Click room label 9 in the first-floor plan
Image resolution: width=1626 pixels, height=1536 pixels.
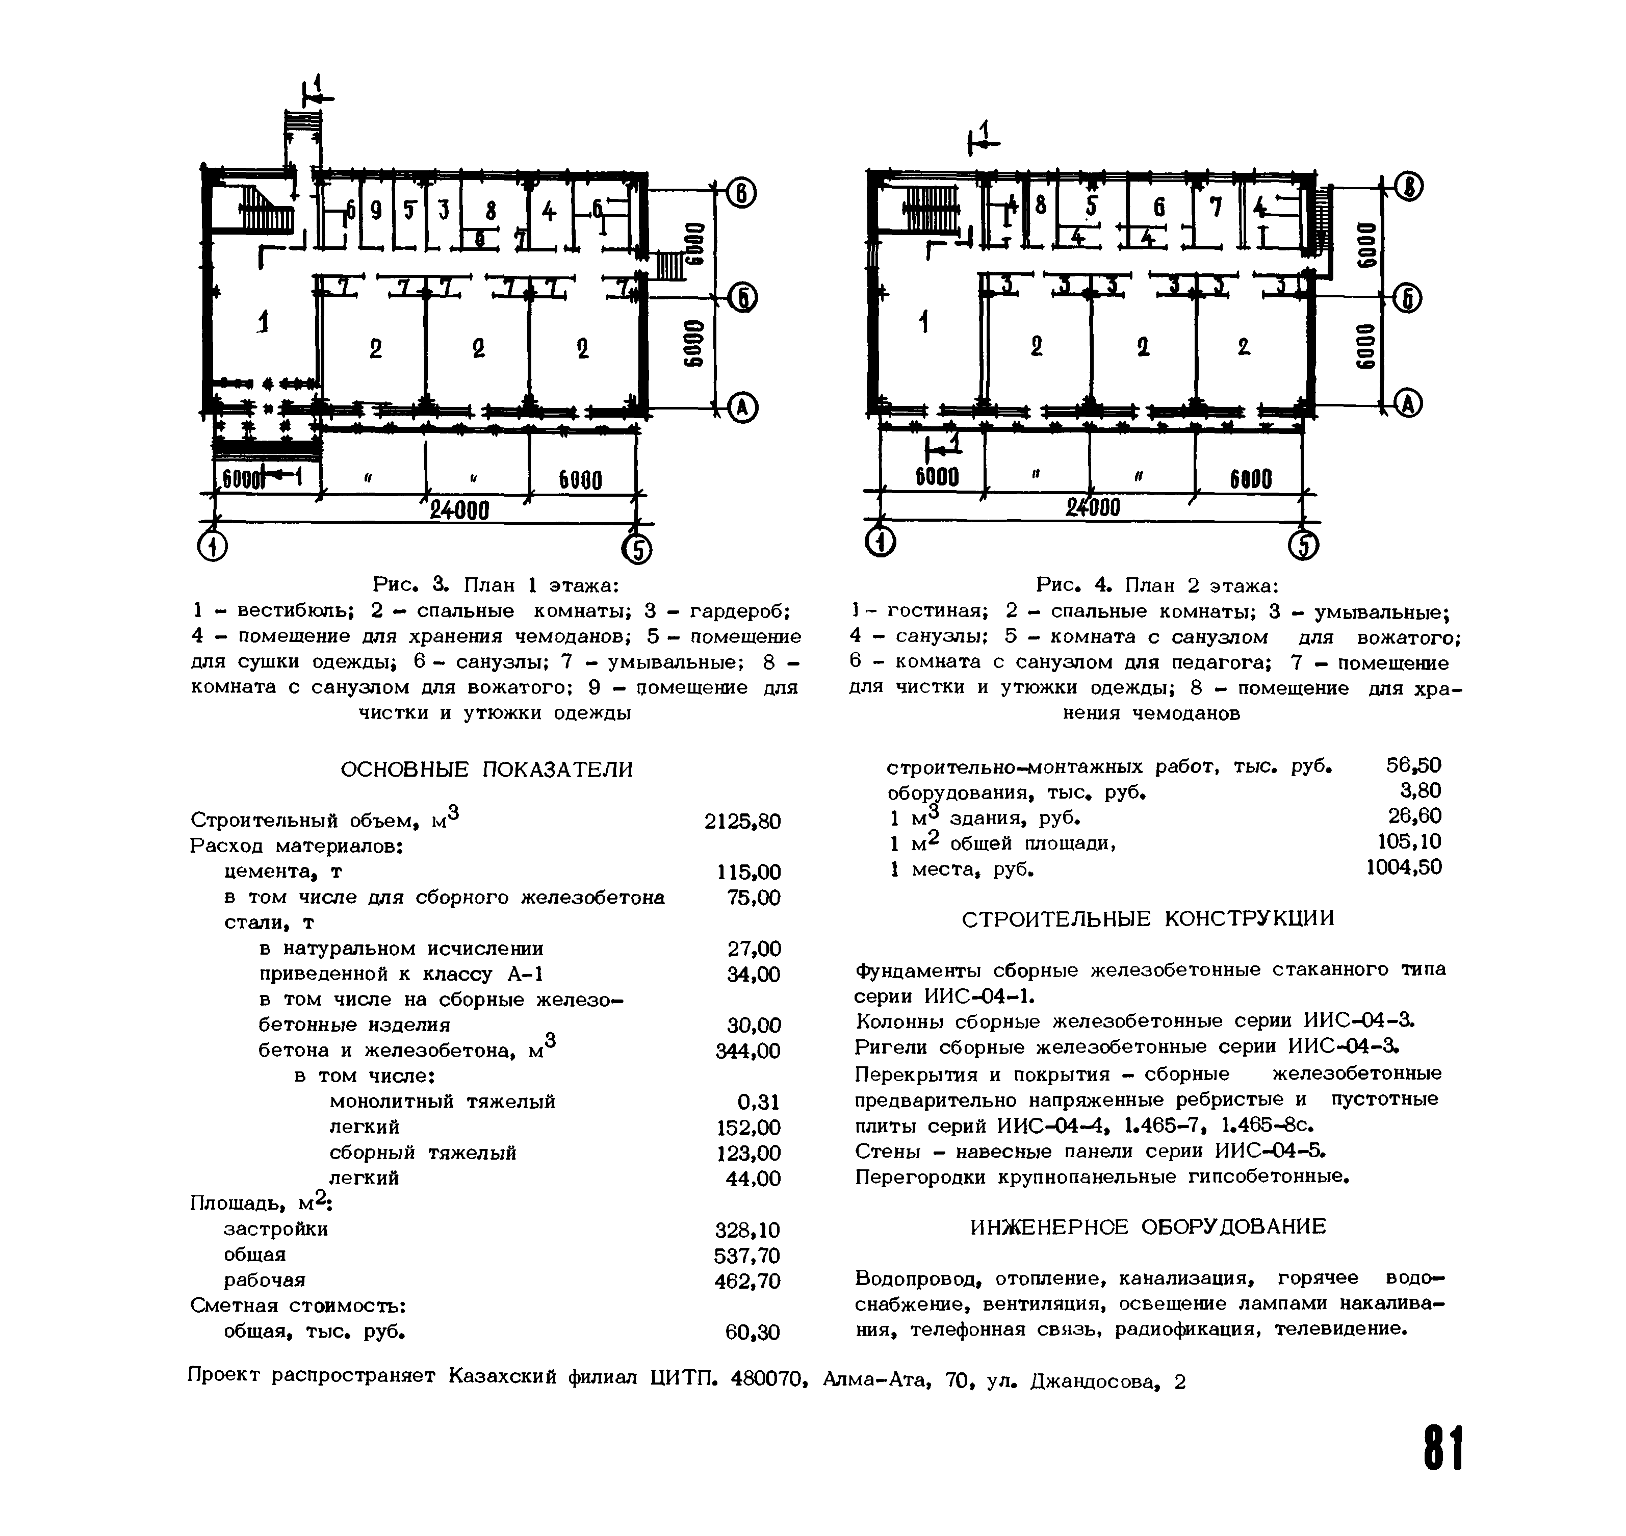376,211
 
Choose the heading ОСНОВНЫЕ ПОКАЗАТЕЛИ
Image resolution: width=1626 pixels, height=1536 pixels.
486,770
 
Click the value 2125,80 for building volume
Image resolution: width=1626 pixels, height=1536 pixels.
742,821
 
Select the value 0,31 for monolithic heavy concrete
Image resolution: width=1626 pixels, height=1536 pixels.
758,1102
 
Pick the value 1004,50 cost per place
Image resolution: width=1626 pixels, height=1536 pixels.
1403,867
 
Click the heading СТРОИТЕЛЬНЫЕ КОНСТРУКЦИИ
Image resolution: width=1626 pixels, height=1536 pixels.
1148,918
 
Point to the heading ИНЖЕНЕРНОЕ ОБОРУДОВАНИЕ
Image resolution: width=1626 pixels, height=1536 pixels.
1148,1226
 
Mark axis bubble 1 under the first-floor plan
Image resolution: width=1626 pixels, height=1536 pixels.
213,546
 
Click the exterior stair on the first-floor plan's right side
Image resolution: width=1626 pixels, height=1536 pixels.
669,266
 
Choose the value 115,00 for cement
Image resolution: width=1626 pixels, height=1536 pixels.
749,872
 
